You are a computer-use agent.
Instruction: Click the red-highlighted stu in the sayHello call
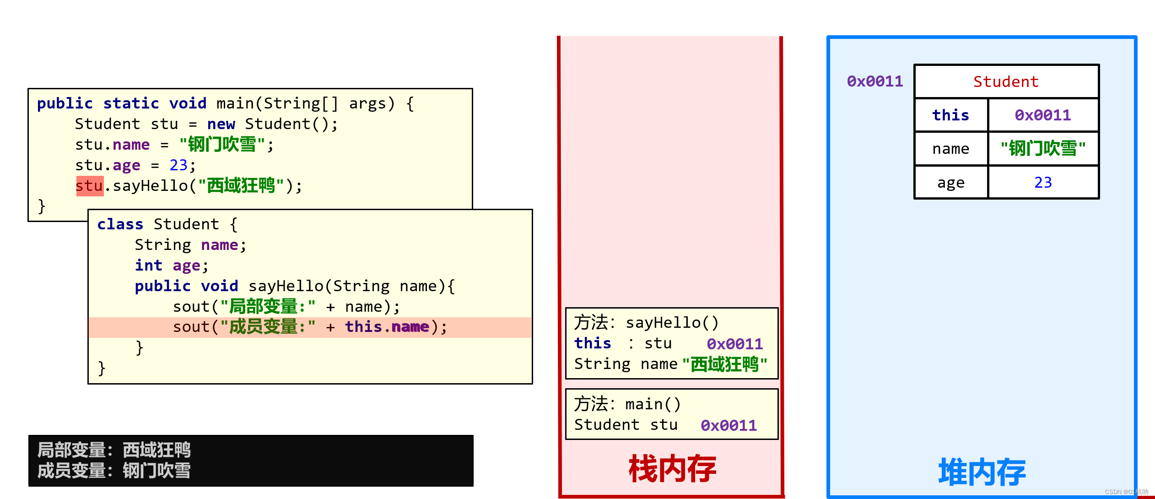coord(90,186)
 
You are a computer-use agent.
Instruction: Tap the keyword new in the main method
coord(221,124)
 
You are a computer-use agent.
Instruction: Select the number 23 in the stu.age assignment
coord(178,165)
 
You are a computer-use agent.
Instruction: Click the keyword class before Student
coord(120,224)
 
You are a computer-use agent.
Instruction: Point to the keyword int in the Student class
coord(148,266)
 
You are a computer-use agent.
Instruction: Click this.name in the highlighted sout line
coord(387,327)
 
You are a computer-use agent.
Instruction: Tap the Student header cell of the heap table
coord(1006,82)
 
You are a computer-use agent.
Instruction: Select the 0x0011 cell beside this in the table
coord(1043,115)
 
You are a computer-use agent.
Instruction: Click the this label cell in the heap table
coord(950,115)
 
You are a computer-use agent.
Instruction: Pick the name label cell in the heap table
coord(950,149)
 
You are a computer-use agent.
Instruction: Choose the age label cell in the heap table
coord(950,183)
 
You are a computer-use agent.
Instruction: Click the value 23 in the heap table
coord(1043,183)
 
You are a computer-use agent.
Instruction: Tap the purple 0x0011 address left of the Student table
coord(874,81)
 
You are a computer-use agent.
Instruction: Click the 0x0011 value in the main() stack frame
coord(729,426)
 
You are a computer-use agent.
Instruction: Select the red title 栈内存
coord(672,469)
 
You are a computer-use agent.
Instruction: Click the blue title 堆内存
coord(982,472)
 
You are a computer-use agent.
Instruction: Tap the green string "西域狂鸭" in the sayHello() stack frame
coord(724,364)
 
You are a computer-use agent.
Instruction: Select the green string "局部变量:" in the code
coord(268,307)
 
